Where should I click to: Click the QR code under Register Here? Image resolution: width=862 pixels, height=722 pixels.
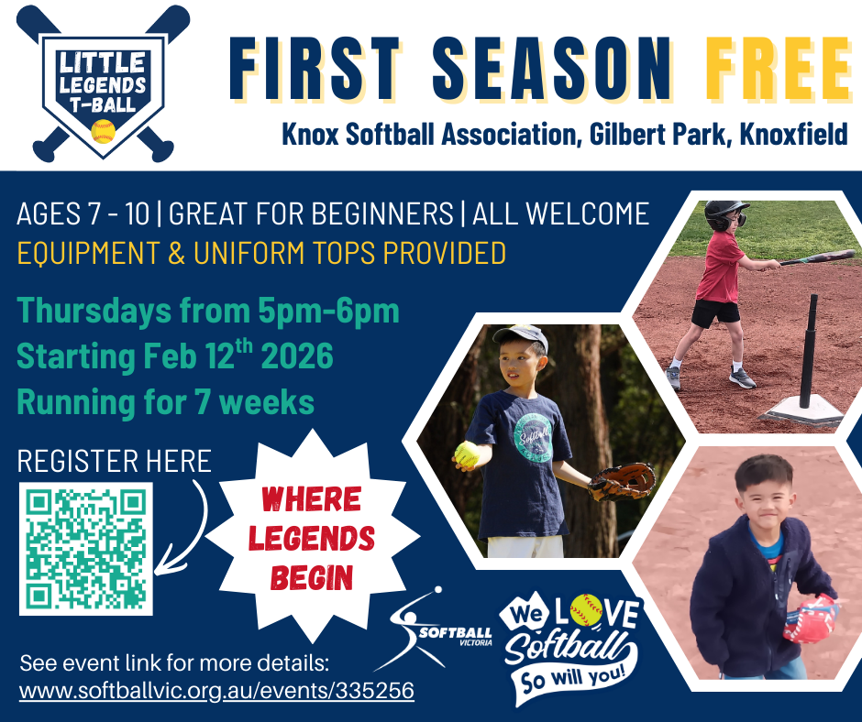coord(86,549)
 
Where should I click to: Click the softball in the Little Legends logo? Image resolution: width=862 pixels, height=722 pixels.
coord(103,131)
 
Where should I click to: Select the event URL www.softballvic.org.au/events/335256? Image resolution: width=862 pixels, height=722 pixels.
coord(216,691)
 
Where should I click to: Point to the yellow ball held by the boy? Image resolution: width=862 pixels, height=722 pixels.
coord(467,454)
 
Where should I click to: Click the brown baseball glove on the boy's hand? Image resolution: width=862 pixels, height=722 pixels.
coord(623,482)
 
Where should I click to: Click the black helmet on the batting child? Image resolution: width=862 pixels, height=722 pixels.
coord(724,214)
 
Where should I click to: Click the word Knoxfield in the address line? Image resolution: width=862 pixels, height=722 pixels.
coord(793,135)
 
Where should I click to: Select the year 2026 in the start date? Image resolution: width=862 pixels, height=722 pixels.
coord(297,356)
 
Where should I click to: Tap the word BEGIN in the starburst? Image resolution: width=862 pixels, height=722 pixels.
coord(312,578)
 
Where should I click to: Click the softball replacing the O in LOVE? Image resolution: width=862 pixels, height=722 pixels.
coord(586,610)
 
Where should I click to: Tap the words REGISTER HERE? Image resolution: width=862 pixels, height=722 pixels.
coord(115,461)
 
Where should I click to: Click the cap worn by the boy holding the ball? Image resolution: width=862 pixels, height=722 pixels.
coord(520,337)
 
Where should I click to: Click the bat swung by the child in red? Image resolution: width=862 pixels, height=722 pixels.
coord(808,258)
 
